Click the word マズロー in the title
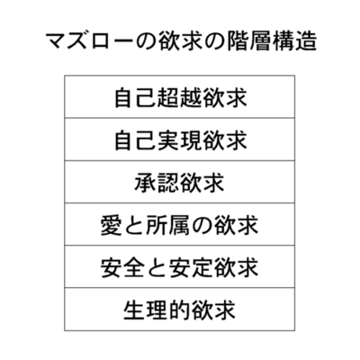pyautogui.click(x=89, y=40)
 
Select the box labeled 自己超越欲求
pyautogui.click(x=179, y=96)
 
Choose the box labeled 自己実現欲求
pyautogui.click(x=179, y=139)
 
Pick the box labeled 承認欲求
pyautogui.click(x=179, y=182)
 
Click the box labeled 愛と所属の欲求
pyautogui.click(x=179, y=224)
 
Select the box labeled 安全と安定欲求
pyautogui.click(x=179, y=266)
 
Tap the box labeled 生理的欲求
pyautogui.click(x=179, y=310)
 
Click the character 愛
pyautogui.click(x=111, y=225)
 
